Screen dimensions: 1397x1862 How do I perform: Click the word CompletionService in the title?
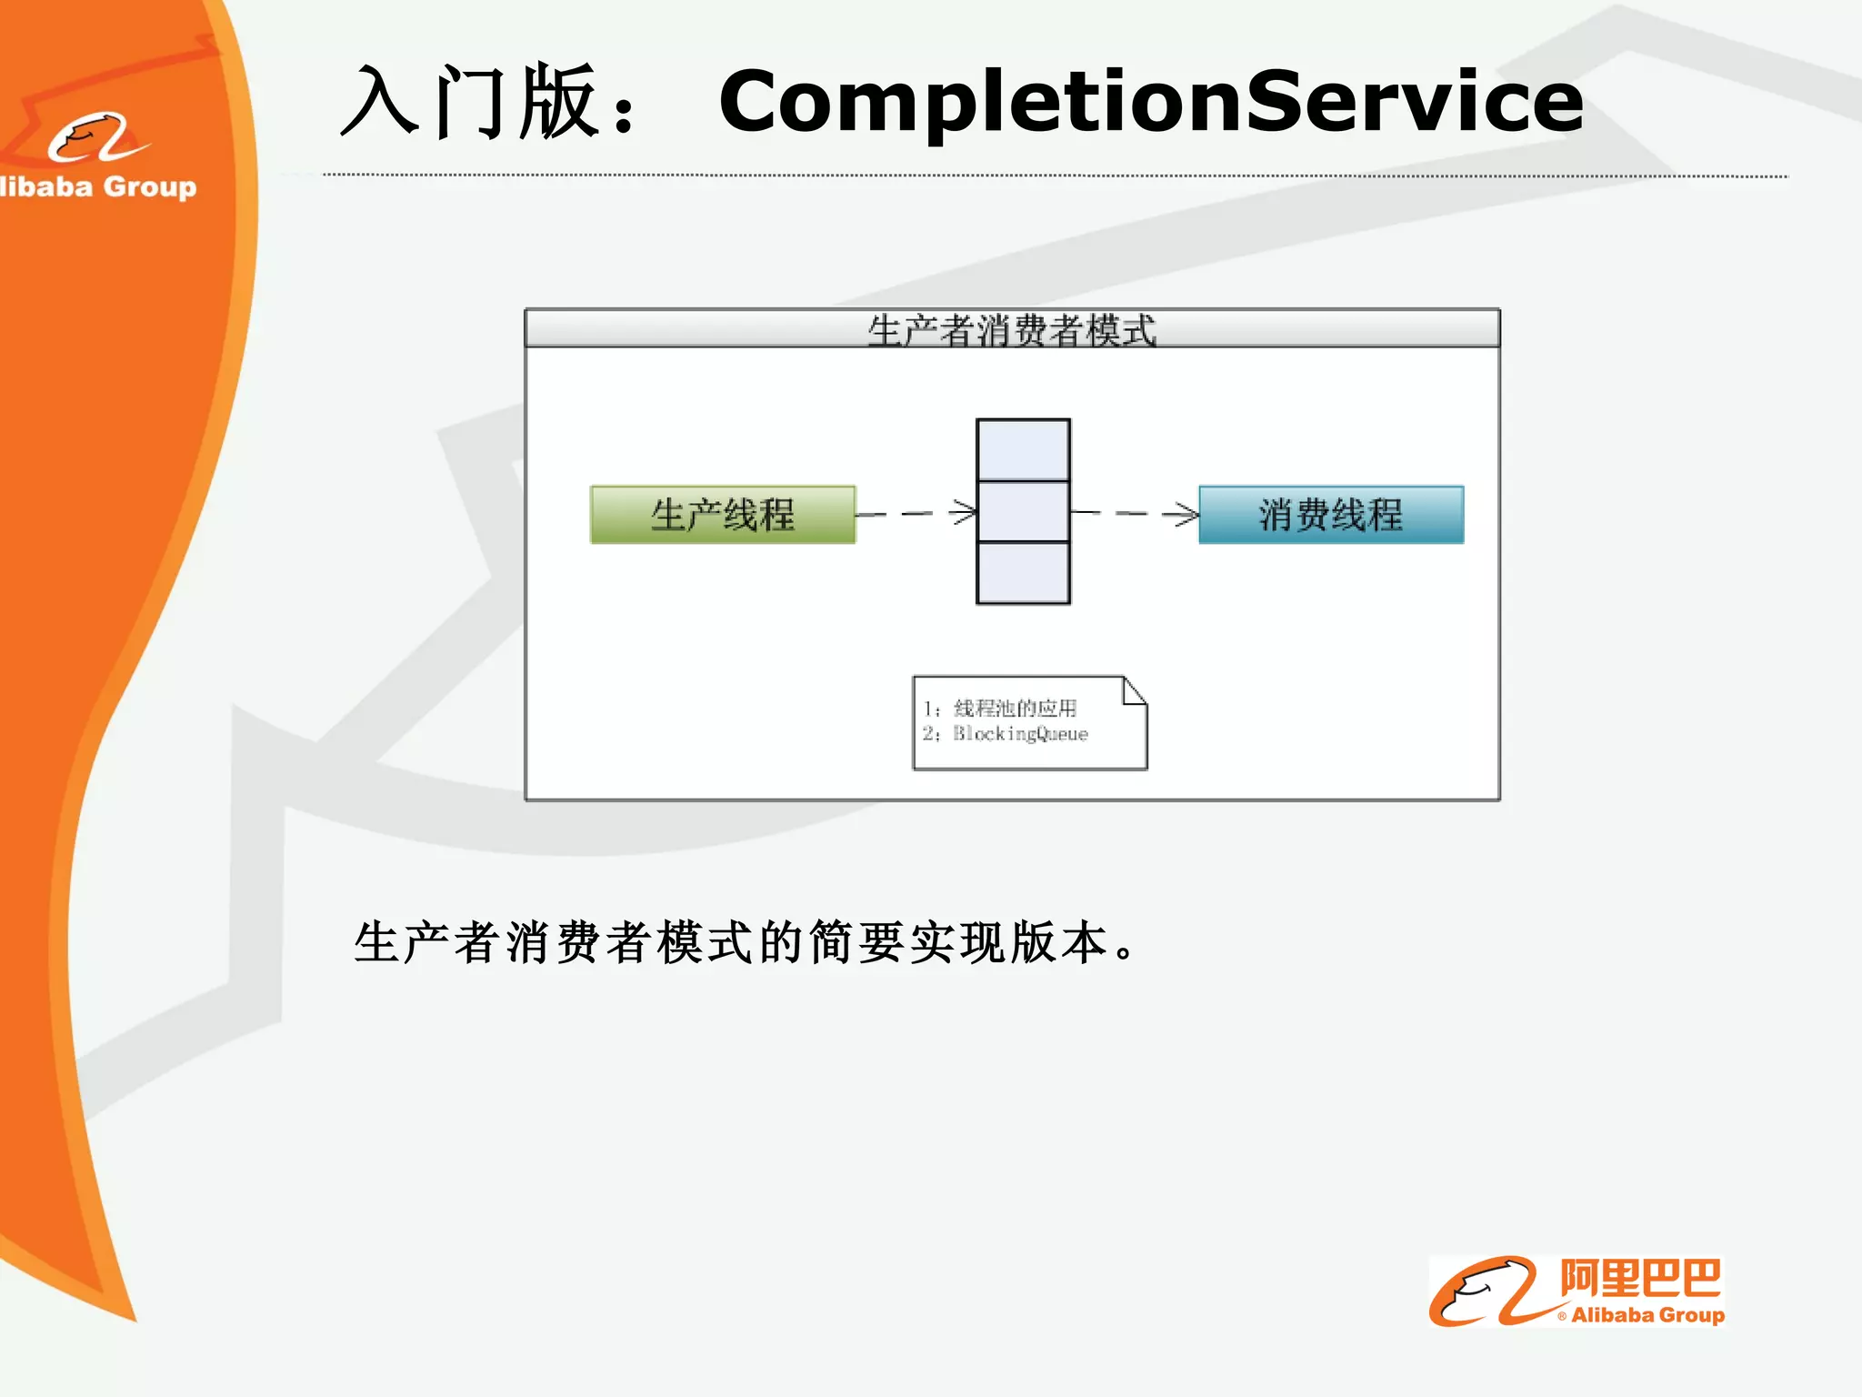pos(1150,102)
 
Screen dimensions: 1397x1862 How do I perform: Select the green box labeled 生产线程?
pos(723,515)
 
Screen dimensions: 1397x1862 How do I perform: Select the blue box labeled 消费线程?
pos(1331,515)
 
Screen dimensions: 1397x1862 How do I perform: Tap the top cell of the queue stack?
pos(1023,450)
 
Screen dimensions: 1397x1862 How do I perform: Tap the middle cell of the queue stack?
pos(1023,511)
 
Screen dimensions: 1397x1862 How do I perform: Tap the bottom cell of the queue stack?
pos(1023,572)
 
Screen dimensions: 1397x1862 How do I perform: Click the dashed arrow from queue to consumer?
pos(1134,514)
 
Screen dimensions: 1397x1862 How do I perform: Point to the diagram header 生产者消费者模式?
pos(1011,329)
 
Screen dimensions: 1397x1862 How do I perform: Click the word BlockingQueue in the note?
pos(1020,734)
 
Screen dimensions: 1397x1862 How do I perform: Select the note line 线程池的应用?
pos(1015,708)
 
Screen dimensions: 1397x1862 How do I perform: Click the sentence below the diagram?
pos(746,942)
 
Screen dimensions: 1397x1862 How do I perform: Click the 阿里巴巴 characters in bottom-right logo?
pos(1640,1279)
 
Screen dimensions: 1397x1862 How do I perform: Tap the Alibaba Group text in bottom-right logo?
pos(1647,1315)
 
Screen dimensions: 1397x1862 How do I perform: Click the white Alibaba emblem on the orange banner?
pos(96,138)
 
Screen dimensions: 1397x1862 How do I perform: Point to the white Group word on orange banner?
pos(150,186)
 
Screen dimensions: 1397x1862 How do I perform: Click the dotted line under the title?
pos(1055,176)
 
